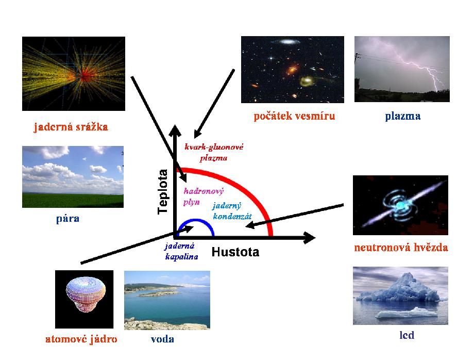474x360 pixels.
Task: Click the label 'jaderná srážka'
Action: click(x=71, y=127)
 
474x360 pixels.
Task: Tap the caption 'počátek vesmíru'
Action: click(x=294, y=116)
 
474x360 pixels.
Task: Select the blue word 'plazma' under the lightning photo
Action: click(x=403, y=117)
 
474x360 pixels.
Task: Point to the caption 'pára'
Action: click(x=67, y=219)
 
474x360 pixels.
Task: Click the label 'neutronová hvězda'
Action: click(x=401, y=248)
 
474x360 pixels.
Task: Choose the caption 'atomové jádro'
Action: click(x=81, y=339)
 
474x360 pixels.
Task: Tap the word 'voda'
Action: click(x=162, y=339)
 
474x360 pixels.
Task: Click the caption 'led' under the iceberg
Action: click(x=407, y=335)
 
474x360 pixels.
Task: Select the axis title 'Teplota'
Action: click(x=163, y=192)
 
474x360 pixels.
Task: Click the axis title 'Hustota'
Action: click(x=235, y=252)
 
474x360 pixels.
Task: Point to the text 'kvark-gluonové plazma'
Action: click(x=214, y=153)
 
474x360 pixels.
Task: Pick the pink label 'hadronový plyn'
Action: click(x=204, y=197)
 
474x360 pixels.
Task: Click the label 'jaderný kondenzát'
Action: click(x=232, y=211)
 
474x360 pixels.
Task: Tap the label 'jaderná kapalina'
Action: click(x=181, y=251)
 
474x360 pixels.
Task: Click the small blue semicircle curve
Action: click(x=196, y=220)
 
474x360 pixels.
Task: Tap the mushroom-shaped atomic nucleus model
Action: click(x=86, y=294)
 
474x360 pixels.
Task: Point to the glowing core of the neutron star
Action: click(x=400, y=205)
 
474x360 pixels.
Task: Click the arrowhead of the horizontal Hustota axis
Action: click(x=310, y=237)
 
